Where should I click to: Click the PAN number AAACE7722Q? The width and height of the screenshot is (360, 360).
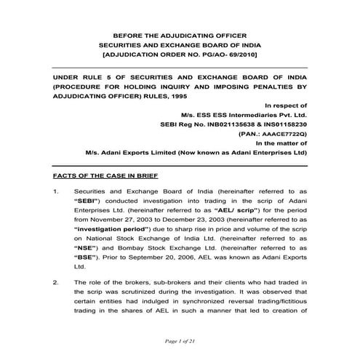(280, 134)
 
